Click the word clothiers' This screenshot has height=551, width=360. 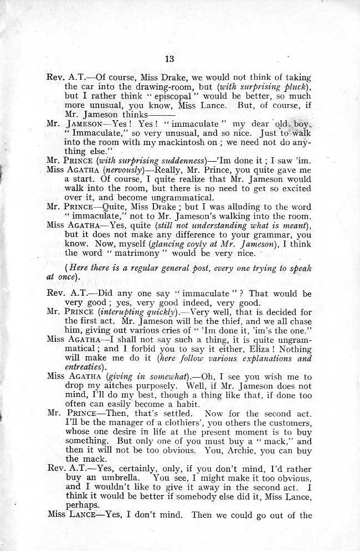pos(183,421)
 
